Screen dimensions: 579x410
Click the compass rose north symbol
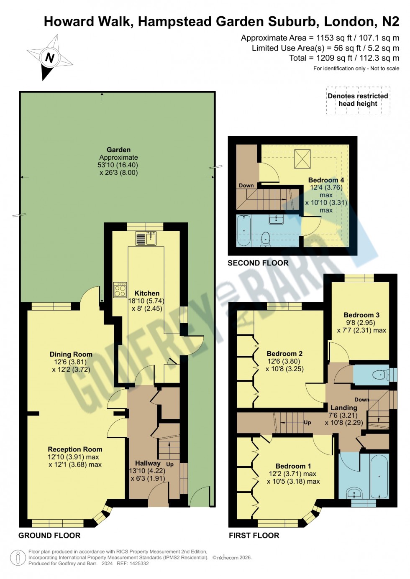point(49,57)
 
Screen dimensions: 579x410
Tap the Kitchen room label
point(147,293)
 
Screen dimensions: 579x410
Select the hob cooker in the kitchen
point(120,290)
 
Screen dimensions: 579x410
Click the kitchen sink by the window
point(146,238)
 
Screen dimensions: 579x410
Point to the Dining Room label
point(71,355)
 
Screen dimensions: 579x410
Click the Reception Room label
point(75,449)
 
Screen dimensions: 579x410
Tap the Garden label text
point(118,150)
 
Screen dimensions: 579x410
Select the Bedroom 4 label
point(326,180)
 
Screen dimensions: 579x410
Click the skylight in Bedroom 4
point(302,159)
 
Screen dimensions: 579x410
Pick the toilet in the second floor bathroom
point(266,240)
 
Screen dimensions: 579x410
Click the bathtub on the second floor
point(243,230)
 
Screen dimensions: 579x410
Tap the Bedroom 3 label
point(361,315)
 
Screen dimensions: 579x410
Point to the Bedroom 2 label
point(284,354)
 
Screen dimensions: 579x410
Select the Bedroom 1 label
point(293,466)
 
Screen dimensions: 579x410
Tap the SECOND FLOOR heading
point(258,263)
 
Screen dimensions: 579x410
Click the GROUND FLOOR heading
point(49,536)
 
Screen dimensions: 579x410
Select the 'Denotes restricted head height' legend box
point(358,100)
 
